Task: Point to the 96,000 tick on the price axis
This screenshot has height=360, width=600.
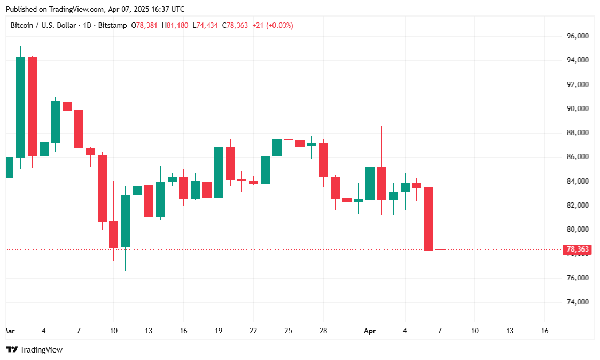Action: coord(577,36)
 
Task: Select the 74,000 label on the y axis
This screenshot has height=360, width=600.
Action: coord(577,302)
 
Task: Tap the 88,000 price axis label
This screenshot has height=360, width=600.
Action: coord(577,132)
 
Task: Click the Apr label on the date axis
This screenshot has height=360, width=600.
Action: coord(370,331)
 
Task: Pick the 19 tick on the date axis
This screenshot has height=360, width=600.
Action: coord(219,331)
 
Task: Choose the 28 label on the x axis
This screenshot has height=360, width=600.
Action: coord(323,331)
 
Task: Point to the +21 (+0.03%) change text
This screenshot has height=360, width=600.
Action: coord(272,25)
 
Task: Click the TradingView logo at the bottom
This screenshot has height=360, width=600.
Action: coord(34,349)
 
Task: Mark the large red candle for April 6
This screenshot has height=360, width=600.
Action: coord(428,219)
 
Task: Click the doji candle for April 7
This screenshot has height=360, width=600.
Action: coord(440,249)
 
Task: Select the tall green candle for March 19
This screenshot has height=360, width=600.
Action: coord(219,172)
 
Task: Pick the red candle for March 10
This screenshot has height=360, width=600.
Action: coord(113,234)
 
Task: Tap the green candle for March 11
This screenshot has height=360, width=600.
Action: coord(125,221)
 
